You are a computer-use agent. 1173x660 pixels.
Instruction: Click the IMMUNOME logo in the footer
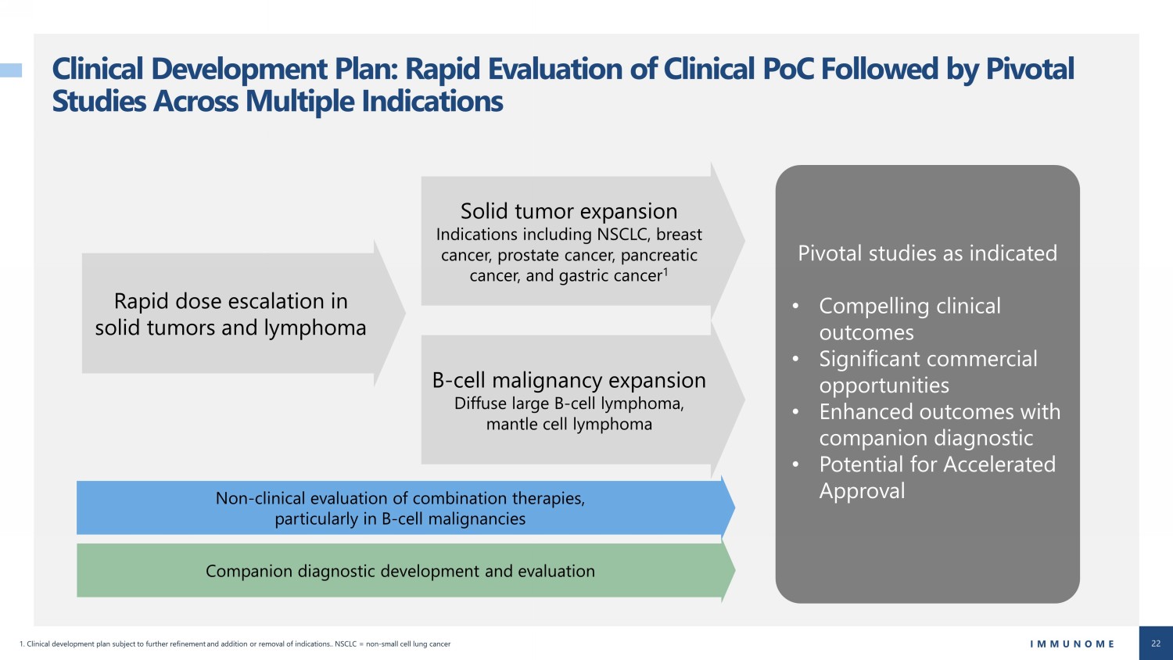click(x=1072, y=644)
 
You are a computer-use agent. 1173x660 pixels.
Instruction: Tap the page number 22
click(x=1156, y=644)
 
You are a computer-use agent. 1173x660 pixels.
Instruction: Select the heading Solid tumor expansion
click(x=569, y=211)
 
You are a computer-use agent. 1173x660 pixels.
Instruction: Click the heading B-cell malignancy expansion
click(x=569, y=380)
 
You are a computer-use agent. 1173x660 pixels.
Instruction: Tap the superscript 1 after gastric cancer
click(x=665, y=271)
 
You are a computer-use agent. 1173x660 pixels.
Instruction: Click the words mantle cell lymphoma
click(x=569, y=424)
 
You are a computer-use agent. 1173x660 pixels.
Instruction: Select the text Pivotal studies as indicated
click(x=927, y=253)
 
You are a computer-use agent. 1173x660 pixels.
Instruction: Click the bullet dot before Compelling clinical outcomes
click(x=795, y=306)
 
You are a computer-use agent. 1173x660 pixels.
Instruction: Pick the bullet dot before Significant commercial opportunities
click(x=795, y=359)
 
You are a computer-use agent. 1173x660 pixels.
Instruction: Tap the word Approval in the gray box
click(x=862, y=491)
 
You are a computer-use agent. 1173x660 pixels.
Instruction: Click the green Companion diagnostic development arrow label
click(x=400, y=571)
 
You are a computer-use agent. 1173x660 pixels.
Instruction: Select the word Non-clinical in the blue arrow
click(x=259, y=497)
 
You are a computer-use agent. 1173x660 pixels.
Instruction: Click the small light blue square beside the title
click(x=11, y=70)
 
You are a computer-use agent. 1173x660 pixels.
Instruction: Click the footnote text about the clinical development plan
click(x=235, y=644)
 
